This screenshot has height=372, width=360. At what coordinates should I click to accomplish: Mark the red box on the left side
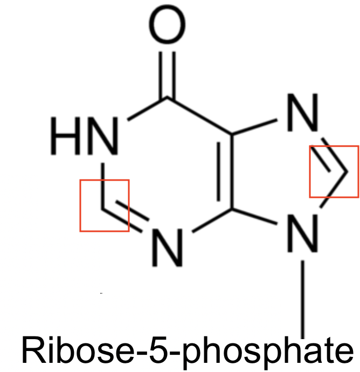[104, 205]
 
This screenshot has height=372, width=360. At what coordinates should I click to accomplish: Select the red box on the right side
[333, 171]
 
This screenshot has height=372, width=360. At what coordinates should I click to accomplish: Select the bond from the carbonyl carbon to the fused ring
[199, 116]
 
